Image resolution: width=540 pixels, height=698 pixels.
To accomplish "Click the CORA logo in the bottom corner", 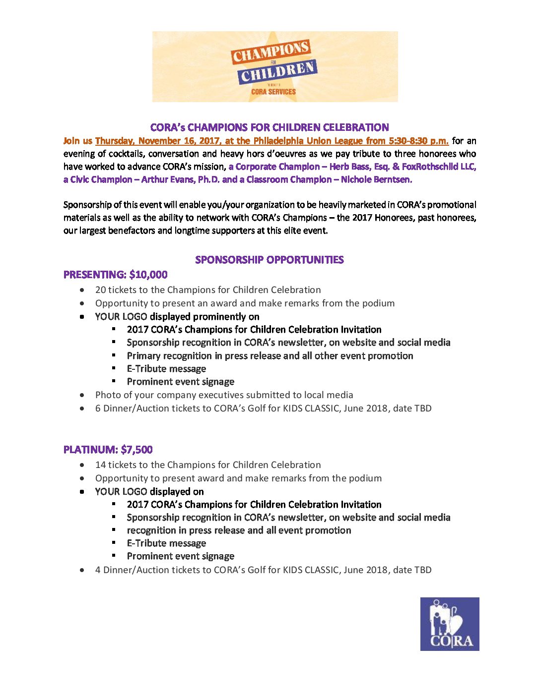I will click(450, 624).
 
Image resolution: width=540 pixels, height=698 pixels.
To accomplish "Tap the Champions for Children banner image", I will click(275, 67).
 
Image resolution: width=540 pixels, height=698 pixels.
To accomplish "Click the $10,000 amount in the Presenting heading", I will click(148, 275).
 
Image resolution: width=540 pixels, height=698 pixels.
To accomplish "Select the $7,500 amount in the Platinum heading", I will click(136, 450).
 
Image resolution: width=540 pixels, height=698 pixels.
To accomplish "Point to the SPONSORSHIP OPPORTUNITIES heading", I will click(270, 260).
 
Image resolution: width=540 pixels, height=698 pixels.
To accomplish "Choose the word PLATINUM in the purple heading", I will click(90, 450).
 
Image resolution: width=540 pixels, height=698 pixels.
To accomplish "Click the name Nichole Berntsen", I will click(376, 179).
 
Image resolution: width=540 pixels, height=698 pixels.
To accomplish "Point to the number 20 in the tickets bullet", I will click(100, 290).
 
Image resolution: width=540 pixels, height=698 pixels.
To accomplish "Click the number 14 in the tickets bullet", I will click(100, 465).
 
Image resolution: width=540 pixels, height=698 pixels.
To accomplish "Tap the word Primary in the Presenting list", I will click(143, 356).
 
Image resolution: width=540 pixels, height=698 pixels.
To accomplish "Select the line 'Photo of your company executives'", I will click(224, 395).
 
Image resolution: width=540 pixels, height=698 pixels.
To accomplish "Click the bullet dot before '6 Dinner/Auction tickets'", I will click(82, 409).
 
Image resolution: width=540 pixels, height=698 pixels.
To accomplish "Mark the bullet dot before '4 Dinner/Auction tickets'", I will click(82, 571).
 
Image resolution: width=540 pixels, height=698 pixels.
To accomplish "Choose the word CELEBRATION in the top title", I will click(356, 127).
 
